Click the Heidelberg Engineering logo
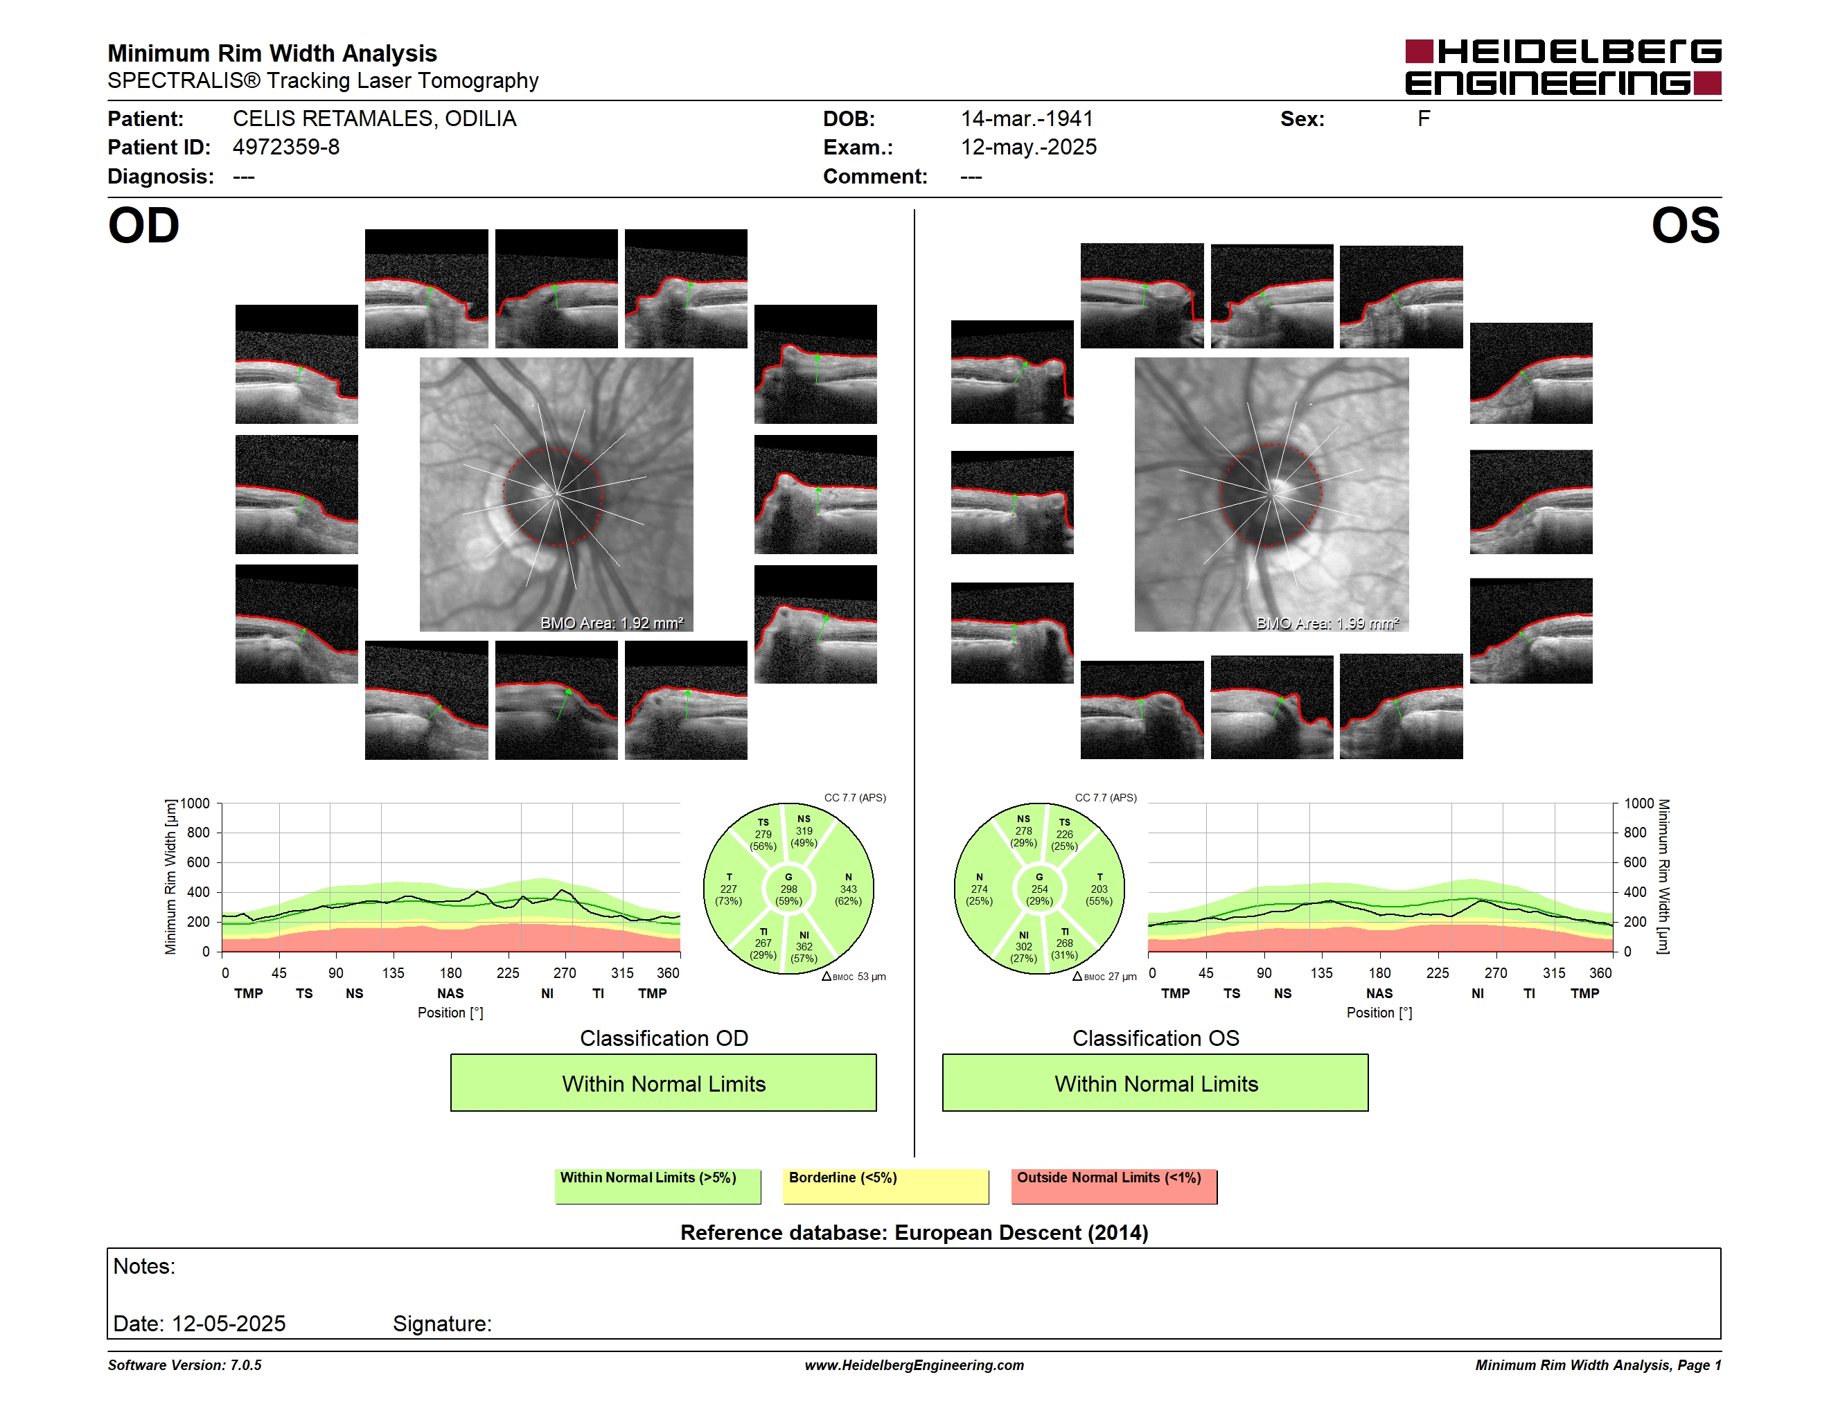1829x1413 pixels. coord(1563,67)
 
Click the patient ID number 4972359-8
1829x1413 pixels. coord(286,148)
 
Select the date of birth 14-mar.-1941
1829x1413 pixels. coord(1027,119)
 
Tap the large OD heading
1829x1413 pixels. coord(143,226)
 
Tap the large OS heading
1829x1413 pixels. coord(1685,226)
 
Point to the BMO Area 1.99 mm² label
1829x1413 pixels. coord(1327,623)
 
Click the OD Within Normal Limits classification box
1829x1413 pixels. coord(663,1083)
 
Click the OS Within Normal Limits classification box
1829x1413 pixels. coord(1156,1083)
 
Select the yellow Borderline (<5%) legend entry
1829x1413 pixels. coord(886,1186)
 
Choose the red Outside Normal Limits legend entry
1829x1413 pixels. coord(1114,1186)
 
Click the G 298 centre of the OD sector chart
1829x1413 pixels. coord(788,889)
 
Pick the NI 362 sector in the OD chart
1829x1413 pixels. coord(804,947)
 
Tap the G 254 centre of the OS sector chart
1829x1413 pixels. coord(1039,889)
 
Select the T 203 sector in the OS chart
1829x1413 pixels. coord(1099,889)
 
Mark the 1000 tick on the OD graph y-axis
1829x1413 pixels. coord(195,803)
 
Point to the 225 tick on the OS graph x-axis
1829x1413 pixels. coord(1437,972)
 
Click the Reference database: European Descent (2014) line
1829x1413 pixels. coord(914,1233)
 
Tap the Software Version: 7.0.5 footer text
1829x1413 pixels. coord(184,1365)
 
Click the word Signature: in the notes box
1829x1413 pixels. coord(442,1324)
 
